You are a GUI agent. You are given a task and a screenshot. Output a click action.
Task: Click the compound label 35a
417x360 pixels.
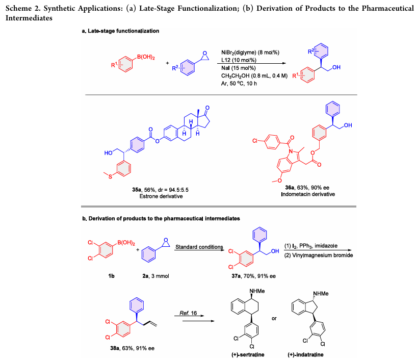[x=137, y=190]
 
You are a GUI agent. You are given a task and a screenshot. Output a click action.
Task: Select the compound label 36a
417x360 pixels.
[x=290, y=188]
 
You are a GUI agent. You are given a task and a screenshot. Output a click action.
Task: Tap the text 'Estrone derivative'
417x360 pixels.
[x=161, y=196]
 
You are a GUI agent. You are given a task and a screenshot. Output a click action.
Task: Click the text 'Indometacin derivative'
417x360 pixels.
[x=308, y=194]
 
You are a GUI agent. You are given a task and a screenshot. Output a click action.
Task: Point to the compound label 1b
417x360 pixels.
[x=112, y=276]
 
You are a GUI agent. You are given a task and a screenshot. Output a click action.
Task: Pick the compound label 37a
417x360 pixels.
[x=236, y=276]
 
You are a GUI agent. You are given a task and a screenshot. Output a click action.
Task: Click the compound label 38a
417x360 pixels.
[x=115, y=348]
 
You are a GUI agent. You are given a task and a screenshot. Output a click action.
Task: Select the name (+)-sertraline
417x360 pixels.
[x=248, y=355]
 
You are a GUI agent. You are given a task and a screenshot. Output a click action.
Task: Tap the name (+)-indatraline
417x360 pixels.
[x=305, y=355]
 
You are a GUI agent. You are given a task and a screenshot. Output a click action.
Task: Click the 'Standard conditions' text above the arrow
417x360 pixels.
[x=199, y=247]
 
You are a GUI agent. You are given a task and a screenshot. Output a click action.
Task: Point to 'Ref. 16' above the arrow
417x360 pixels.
[x=188, y=313]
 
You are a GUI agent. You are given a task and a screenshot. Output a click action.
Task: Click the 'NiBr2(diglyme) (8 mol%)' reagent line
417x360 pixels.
[x=250, y=53]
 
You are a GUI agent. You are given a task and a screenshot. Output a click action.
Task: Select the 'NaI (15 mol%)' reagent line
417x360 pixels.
[x=239, y=68]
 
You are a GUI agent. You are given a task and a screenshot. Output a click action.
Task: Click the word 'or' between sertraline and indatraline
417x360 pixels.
[x=274, y=318]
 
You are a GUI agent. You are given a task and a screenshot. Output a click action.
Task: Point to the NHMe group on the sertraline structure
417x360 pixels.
[x=257, y=291]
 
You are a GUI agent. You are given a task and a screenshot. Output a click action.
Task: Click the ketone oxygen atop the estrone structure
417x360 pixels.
[x=207, y=108]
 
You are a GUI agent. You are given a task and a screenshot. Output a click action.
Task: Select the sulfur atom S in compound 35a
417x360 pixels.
[x=110, y=176]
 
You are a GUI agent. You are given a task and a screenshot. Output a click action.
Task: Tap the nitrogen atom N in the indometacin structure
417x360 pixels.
[x=291, y=151]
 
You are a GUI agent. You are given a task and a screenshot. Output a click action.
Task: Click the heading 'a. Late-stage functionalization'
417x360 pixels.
[x=120, y=31]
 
